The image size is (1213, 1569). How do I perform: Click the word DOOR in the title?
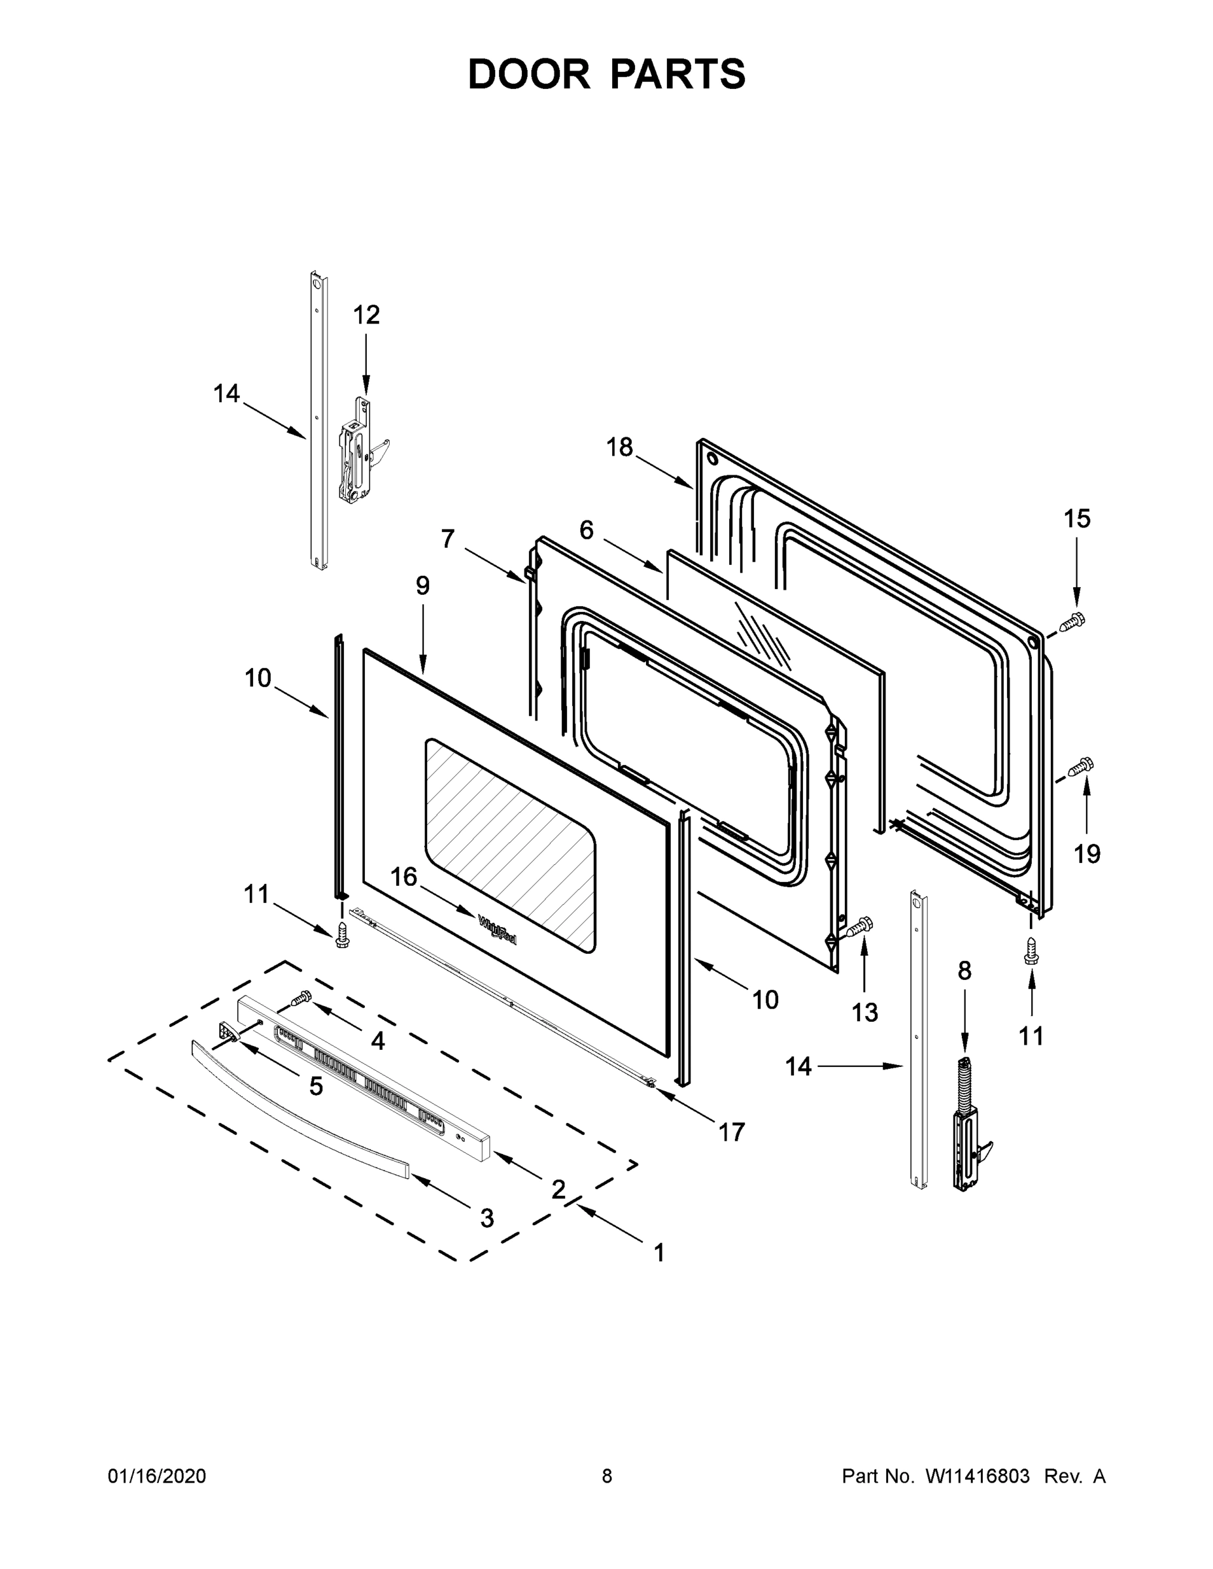pos(529,75)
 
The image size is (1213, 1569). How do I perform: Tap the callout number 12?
pos(366,314)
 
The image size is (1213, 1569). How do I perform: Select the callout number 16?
pos(404,877)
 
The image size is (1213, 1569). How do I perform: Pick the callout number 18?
pos(619,447)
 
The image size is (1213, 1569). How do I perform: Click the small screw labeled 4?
pos(300,997)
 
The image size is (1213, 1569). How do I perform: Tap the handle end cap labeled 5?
pos(228,1030)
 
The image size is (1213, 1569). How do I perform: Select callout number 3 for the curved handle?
pos(487,1218)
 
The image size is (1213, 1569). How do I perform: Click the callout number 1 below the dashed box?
pos(659,1253)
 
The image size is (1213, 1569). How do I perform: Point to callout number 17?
pos(732,1132)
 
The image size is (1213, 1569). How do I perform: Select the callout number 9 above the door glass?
pos(422,586)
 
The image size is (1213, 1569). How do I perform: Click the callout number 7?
pos(448,538)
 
